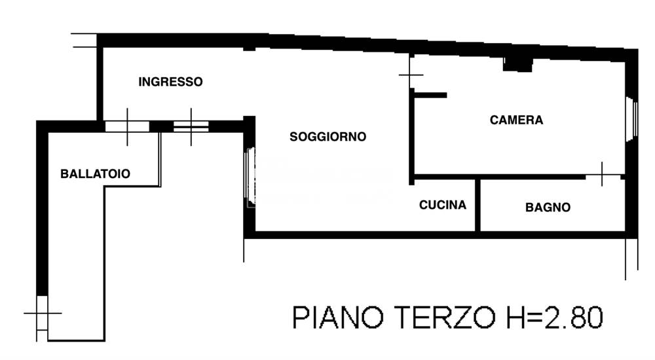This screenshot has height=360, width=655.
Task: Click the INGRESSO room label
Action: (170, 82)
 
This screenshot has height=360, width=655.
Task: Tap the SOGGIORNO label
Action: (327, 137)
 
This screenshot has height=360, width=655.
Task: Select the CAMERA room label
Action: (516, 120)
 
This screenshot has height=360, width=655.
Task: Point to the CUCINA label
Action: (443, 205)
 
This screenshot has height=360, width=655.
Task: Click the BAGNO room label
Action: (548, 207)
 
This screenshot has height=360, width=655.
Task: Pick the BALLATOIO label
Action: (95, 174)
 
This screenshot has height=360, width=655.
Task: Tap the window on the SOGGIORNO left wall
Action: (250, 174)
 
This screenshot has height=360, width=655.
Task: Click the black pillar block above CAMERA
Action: (517, 63)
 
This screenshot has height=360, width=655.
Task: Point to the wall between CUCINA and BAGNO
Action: (478, 204)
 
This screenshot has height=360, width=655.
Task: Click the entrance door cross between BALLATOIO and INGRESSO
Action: (127, 126)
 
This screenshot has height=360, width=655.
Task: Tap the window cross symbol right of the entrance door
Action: (191, 126)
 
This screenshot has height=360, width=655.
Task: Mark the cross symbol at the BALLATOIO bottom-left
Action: (42, 314)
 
